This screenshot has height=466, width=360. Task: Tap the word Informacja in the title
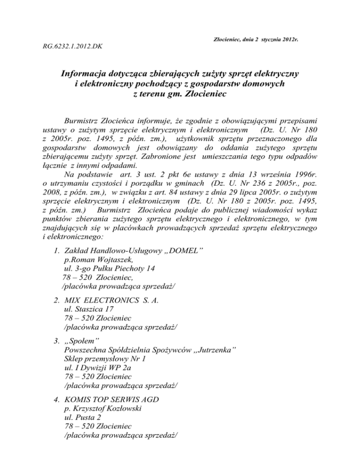pyautogui.click(x=86, y=74)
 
